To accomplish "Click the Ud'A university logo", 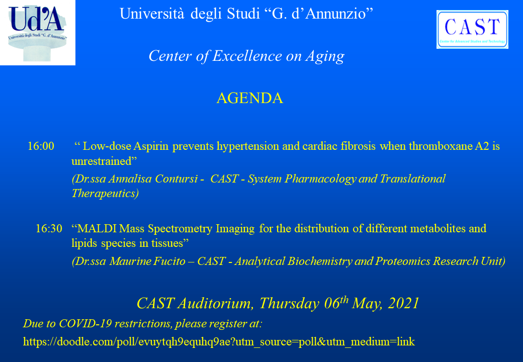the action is (x=38, y=32).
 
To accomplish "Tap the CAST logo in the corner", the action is (x=472, y=29).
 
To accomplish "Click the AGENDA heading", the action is (x=250, y=98).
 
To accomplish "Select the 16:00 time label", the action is (x=41, y=146).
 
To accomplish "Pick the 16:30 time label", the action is (x=49, y=229).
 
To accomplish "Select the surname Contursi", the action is (x=177, y=179).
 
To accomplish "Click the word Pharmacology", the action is (x=320, y=179).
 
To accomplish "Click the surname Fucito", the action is (x=169, y=261).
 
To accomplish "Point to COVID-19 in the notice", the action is (x=85, y=324).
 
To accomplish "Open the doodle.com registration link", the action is (x=219, y=342).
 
